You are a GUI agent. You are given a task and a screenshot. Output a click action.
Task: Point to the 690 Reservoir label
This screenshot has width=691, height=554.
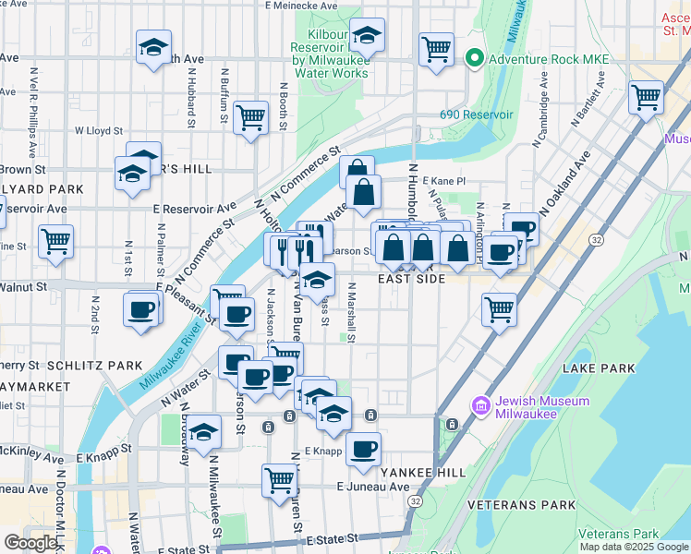click(476, 114)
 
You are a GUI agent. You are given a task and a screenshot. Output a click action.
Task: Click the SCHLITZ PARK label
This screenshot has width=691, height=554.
click(91, 366)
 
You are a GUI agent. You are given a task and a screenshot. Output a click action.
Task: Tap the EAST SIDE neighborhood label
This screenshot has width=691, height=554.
click(411, 278)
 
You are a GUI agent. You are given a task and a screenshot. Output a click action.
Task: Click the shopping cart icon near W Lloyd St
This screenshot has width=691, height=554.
click(250, 118)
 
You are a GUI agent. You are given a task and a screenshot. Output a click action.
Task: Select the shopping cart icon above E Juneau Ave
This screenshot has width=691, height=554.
click(278, 479)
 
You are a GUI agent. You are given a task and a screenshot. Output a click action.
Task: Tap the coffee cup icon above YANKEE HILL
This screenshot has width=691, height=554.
click(364, 449)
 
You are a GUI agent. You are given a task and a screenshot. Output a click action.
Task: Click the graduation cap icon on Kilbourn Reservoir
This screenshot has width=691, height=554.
click(367, 36)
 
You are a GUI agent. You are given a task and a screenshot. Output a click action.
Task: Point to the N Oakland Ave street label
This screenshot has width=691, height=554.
click(565, 185)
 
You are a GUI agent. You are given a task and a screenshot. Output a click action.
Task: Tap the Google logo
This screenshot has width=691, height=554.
click(30, 543)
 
